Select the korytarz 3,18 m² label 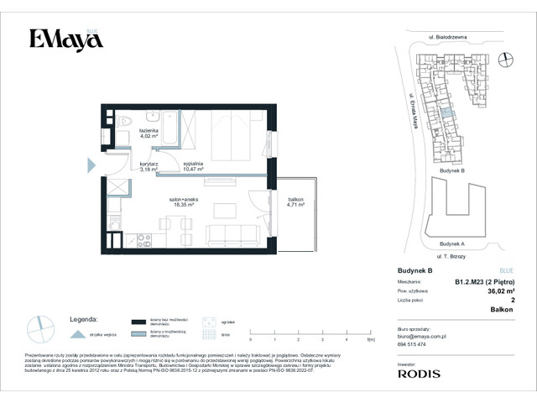(x=148, y=167)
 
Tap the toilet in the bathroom (x=123, y=120)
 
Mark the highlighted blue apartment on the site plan (x=446, y=112)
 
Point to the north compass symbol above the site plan (x=505, y=58)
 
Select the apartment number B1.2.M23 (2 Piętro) (x=484, y=282)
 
